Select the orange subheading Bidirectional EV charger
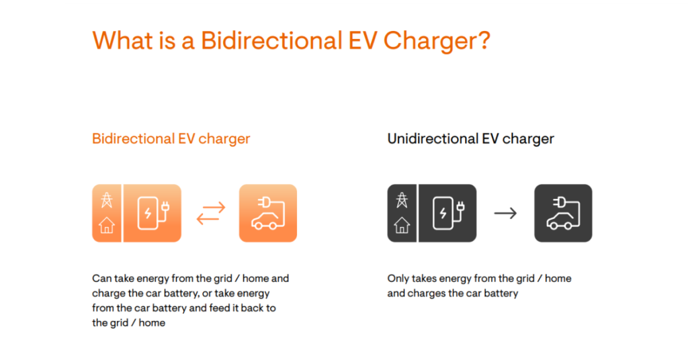point(171,139)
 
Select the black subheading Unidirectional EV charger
point(470,139)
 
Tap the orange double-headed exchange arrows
point(210,214)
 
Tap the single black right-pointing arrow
point(505,214)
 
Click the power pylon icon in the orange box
point(106,200)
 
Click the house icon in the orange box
point(106,226)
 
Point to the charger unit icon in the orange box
point(152,214)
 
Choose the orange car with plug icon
point(267,214)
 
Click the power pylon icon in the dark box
point(402,200)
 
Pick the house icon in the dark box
point(402,226)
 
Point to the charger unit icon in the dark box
point(447,214)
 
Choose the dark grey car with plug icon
point(563,214)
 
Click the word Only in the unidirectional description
point(398,278)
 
